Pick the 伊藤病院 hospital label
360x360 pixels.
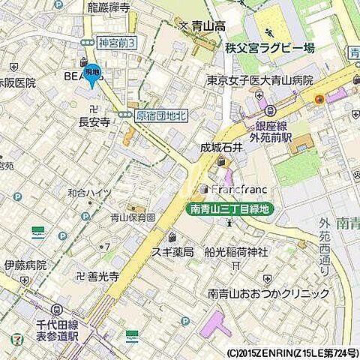25,265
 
